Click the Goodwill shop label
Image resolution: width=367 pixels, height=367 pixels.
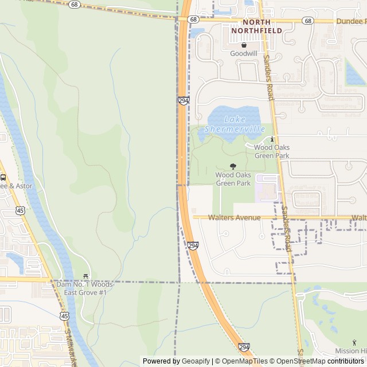click(244, 53)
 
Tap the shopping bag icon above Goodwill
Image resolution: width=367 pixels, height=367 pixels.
click(244, 45)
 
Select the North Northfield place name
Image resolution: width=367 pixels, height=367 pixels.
click(257, 26)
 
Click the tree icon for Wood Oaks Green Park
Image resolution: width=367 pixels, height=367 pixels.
click(232, 166)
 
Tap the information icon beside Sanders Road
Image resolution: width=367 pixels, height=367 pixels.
click(272, 139)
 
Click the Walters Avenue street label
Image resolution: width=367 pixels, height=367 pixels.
click(234, 218)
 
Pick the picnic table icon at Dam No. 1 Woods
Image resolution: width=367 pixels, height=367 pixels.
click(86, 276)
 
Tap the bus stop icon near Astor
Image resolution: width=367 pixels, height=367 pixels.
click(3, 177)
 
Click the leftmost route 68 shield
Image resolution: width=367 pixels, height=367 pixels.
click(74, 5)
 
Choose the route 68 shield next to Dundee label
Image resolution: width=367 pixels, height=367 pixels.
click(309, 21)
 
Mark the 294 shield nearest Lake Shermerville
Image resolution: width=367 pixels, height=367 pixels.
click(183, 101)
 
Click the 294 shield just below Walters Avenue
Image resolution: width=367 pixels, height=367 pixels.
click(193, 245)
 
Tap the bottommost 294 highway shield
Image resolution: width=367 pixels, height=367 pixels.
click(244, 348)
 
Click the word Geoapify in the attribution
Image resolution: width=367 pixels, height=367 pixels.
click(196, 361)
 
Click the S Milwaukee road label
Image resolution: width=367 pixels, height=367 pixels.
click(71, 344)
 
